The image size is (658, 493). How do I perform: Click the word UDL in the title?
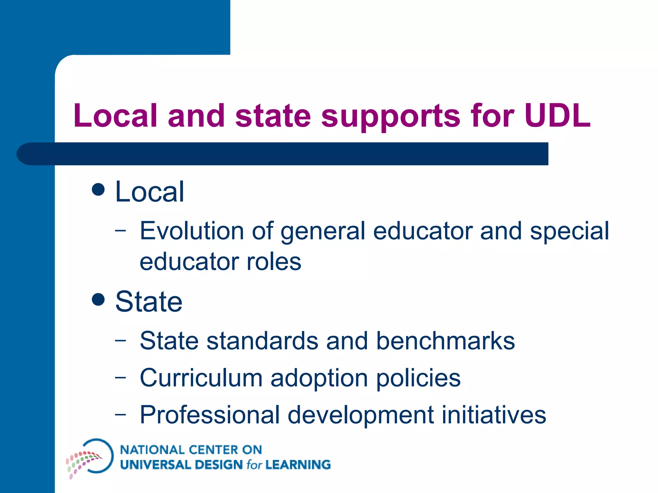click(x=557, y=116)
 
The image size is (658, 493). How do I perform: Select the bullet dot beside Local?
click(x=98, y=189)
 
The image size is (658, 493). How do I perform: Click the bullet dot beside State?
click(x=98, y=299)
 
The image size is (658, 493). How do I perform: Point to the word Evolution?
click(x=192, y=231)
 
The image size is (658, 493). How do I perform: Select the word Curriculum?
click(x=201, y=378)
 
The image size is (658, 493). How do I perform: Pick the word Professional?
click(x=209, y=415)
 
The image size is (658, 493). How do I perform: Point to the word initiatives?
click(x=494, y=415)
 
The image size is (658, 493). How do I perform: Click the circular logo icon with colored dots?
click(x=90, y=457)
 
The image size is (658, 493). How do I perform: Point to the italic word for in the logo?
click(x=254, y=465)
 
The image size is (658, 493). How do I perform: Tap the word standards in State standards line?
click(x=262, y=341)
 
